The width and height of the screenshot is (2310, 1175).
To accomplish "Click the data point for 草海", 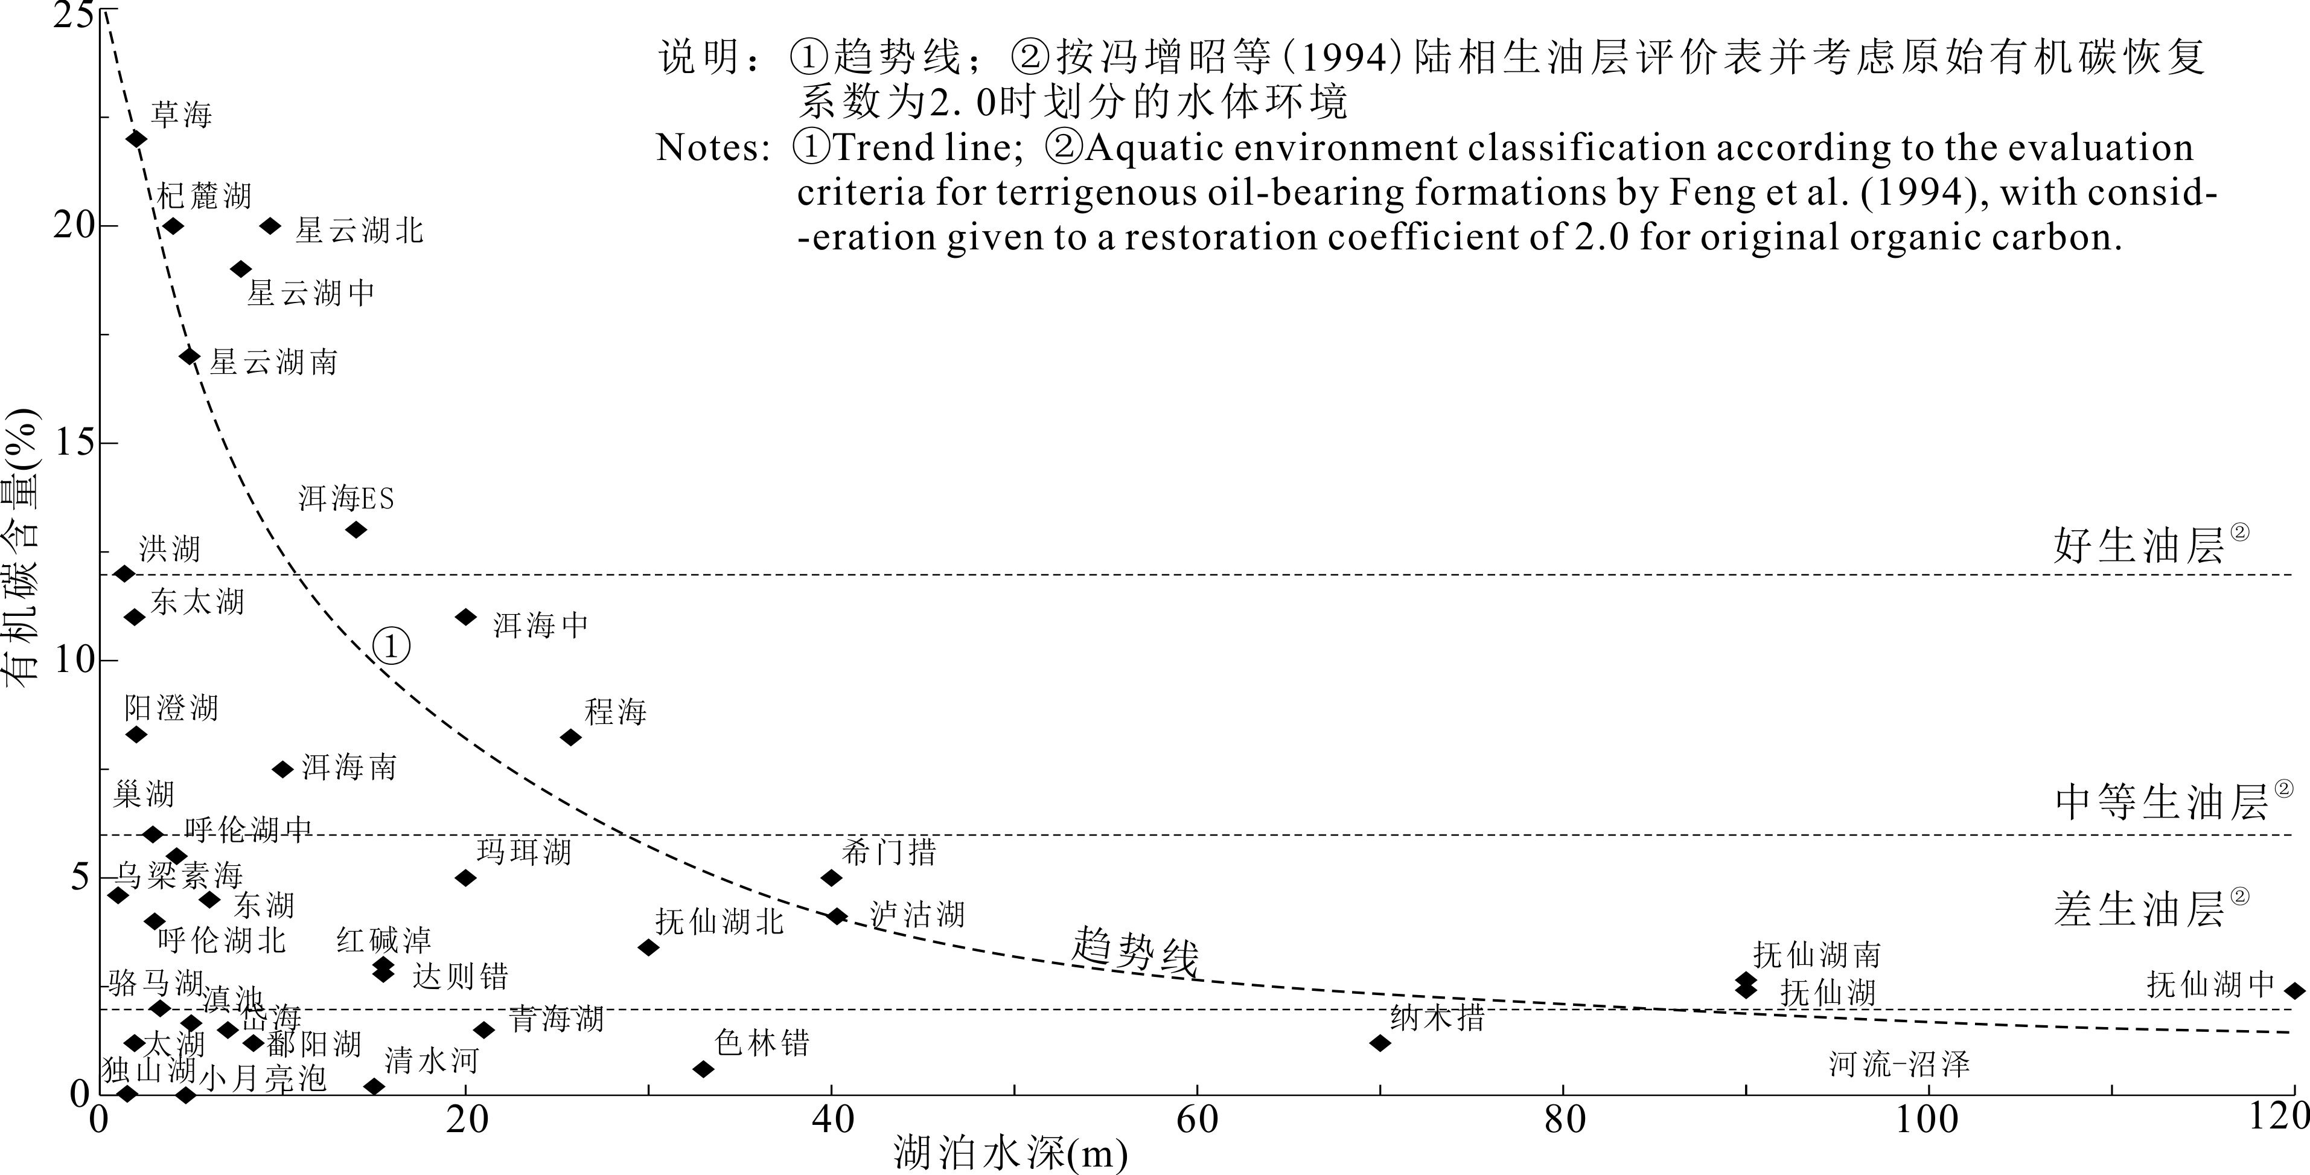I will point(136,139).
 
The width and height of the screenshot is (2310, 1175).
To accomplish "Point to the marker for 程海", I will point(570,737).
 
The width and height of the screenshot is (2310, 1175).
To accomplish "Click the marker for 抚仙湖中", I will point(2294,991).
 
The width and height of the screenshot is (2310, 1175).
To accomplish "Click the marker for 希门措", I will point(831,878).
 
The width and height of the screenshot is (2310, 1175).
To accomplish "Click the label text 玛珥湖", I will point(524,851).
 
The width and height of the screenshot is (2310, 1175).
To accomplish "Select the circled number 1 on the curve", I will point(392,647).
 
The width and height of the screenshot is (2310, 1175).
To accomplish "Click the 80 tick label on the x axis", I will point(1564,1120).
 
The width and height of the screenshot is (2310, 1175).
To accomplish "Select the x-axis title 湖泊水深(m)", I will point(1010,1153).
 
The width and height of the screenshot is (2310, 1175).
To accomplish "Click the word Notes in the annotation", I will point(713,148).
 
